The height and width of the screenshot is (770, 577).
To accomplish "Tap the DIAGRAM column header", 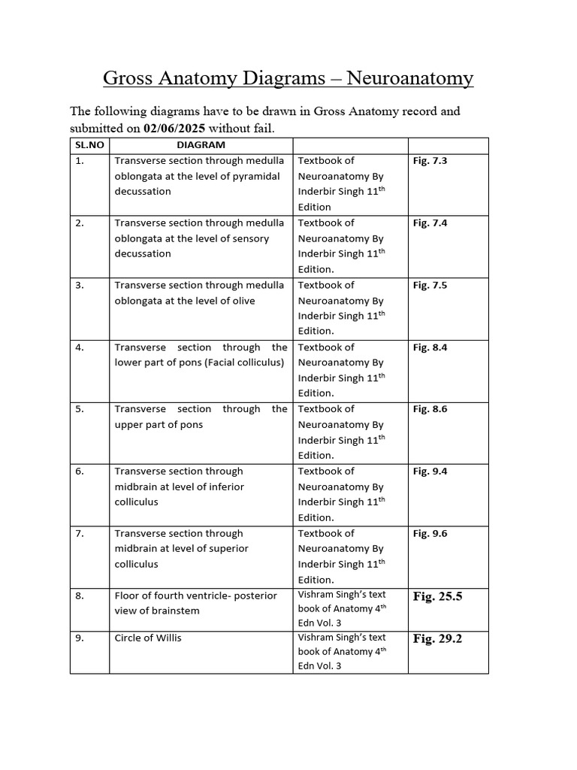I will (201, 145).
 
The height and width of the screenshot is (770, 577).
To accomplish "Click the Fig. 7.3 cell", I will (430, 161).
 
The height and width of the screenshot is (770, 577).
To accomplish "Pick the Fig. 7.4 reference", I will (430, 223).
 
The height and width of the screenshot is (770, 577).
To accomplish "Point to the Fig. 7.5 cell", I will (430, 286).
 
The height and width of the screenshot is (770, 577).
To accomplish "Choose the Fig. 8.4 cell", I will (430, 348).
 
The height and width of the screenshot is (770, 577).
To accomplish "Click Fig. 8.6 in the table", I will (430, 410).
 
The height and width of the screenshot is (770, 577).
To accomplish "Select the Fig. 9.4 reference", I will (430, 472).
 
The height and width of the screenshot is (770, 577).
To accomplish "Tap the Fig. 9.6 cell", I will (430, 534).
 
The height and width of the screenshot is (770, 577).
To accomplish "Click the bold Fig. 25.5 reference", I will (437, 597).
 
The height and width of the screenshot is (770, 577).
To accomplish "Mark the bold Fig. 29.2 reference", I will (437, 639).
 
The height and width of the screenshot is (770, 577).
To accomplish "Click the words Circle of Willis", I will (148, 638).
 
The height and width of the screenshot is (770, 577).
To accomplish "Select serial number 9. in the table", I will (80, 638).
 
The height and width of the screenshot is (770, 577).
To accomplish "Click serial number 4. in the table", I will (80, 347).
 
